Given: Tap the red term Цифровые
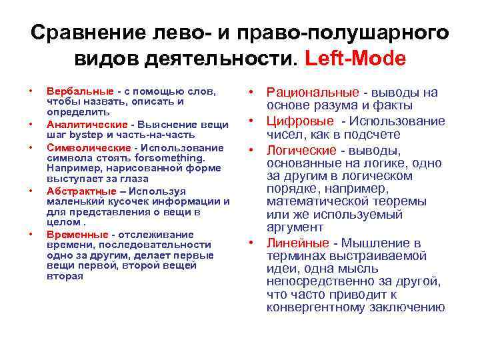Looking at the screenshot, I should click(300, 121).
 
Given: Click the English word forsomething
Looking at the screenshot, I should click(170, 158).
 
